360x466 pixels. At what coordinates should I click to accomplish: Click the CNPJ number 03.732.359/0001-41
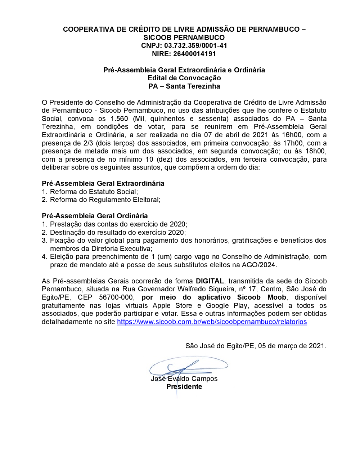[195, 46]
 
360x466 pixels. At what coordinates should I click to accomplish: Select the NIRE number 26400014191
[194, 54]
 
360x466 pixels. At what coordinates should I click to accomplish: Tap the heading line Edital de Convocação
[184, 78]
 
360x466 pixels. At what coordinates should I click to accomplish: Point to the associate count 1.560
[119, 119]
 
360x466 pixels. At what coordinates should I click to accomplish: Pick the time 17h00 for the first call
[293, 143]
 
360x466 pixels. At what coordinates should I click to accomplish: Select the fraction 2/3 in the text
[88, 143]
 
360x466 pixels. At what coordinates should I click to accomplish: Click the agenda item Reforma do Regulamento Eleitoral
[105, 200]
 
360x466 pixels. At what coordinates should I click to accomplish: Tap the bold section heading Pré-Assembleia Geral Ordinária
[95, 216]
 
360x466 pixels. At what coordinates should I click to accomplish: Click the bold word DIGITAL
[210, 281]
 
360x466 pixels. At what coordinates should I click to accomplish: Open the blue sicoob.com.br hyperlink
[212, 322]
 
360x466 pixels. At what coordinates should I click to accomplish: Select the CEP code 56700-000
[116, 297]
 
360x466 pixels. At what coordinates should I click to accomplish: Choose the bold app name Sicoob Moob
[261, 297]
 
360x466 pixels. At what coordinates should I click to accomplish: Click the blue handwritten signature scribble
[187, 366]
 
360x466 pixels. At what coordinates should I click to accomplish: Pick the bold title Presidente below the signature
[184, 387]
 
